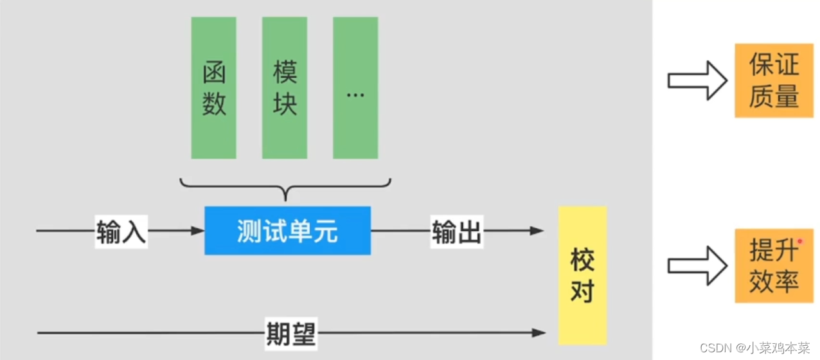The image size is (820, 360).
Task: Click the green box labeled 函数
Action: [x=213, y=87]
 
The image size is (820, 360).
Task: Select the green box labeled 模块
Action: [x=284, y=87]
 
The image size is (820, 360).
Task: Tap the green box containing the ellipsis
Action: [x=355, y=87]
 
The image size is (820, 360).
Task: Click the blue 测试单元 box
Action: [x=287, y=231]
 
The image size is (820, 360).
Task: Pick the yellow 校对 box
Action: [x=582, y=275]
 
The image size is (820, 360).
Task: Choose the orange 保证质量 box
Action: [x=774, y=81]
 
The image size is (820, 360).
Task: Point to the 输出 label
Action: [x=456, y=231]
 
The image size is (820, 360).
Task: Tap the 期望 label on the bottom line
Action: [x=290, y=332]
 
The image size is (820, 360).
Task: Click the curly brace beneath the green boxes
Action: [x=285, y=187]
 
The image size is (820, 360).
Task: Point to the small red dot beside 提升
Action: [x=800, y=242]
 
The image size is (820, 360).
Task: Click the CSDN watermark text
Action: [x=754, y=348]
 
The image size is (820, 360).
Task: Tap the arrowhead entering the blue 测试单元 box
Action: [x=199, y=231]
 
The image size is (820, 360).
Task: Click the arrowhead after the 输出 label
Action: [x=538, y=231]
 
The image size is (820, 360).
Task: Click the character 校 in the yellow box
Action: [x=582, y=260]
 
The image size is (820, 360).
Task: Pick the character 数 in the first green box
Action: [x=214, y=104]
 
